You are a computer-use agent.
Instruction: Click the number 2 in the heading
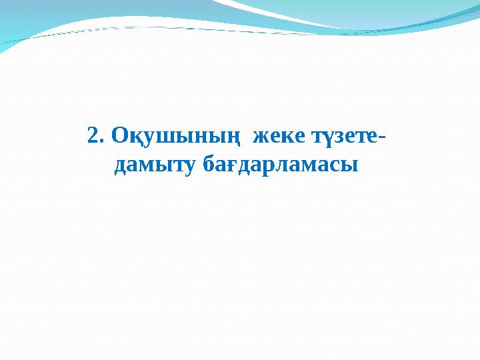point(93,136)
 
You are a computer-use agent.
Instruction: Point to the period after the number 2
point(103,142)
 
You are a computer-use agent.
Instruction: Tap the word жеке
point(276,137)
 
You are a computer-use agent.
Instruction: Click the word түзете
point(343,137)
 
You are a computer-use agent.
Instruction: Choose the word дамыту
point(156,165)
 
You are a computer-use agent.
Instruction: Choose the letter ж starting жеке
point(257,137)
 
